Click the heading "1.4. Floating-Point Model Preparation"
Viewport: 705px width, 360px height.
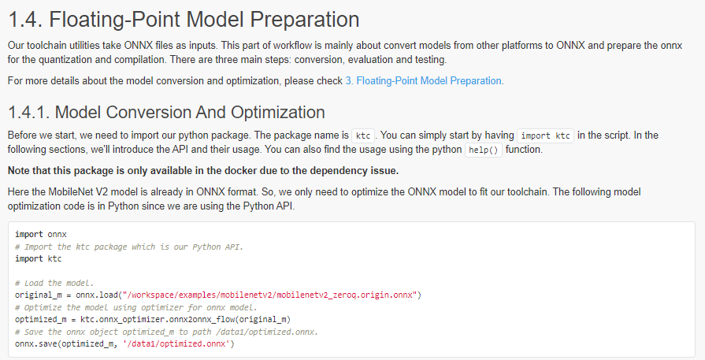pyautogui.click(x=184, y=20)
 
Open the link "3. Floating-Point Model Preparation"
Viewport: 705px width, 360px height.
pyautogui.click(x=424, y=81)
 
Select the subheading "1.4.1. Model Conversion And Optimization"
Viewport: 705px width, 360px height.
pyautogui.click(x=166, y=113)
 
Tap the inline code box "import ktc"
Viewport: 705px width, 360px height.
pyautogui.click(x=545, y=135)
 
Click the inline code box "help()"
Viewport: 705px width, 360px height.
pyautogui.click(x=484, y=150)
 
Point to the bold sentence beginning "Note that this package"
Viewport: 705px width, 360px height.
pyautogui.click(x=203, y=171)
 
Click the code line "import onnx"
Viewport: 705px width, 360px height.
pyautogui.click(x=41, y=234)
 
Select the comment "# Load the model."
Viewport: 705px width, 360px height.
pyautogui.click(x=54, y=283)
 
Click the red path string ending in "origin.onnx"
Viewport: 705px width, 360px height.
pyautogui.click(x=271, y=295)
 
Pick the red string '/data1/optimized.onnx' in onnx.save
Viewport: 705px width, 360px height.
pyautogui.click(x=176, y=343)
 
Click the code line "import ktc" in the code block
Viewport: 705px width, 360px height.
pyautogui.click(x=39, y=259)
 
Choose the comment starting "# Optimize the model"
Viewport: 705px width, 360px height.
pyautogui.click(x=136, y=307)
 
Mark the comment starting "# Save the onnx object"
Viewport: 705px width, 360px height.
pyautogui.click(x=167, y=332)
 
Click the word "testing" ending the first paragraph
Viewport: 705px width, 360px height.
pyautogui.click(x=429, y=60)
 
